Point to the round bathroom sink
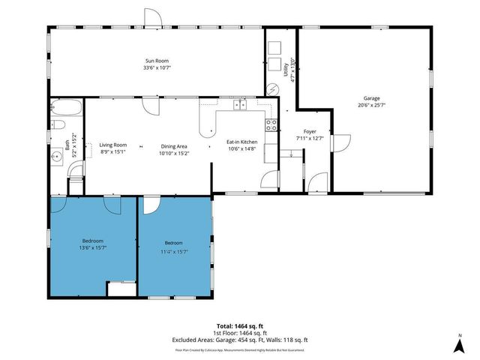58,158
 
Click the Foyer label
309,131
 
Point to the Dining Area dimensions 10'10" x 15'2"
173,153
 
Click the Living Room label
113,145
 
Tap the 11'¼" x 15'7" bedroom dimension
173,251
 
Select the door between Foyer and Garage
340,142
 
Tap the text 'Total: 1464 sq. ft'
239,326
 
